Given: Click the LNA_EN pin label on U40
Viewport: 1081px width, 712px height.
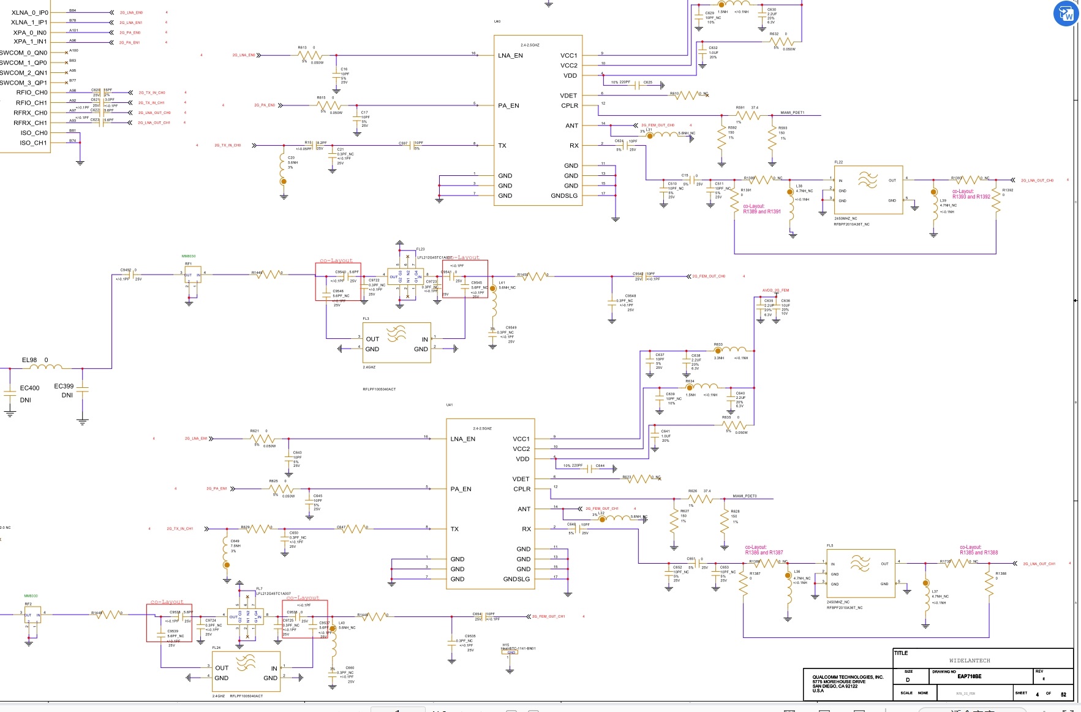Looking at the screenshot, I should [x=510, y=56].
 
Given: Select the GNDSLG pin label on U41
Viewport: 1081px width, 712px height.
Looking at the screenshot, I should [x=516, y=579].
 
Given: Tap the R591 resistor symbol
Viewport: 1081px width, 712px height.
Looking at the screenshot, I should [x=748, y=115].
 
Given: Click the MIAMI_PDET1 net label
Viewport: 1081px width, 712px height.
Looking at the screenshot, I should [x=792, y=113].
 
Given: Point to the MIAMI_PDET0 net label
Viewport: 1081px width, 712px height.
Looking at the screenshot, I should [x=744, y=496].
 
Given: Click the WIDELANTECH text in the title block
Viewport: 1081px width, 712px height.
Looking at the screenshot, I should [x=970, y=661].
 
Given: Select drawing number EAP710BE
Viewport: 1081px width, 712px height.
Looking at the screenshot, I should [x=969, y=676].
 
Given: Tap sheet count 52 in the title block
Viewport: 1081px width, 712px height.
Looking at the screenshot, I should [x=1063, y=694].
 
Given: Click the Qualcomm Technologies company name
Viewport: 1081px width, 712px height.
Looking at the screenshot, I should [x=848, y=677].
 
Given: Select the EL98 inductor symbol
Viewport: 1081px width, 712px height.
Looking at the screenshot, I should [x=46, y=367].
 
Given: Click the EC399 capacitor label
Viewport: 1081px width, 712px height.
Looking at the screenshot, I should [x=64, y=386].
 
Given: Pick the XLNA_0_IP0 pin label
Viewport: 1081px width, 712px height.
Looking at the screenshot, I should [x=29, y=13].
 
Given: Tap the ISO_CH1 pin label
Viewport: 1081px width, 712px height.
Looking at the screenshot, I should [x=33, y=143].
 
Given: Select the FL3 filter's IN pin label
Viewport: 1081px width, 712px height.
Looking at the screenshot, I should [x=424, y=339].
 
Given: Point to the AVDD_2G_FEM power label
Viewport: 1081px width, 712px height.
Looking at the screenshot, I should [x=775, y=290].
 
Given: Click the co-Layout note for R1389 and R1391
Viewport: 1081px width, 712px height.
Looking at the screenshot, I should [x=761, y=209].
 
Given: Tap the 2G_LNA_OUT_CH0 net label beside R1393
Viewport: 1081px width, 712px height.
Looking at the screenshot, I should [x=1037, y=181].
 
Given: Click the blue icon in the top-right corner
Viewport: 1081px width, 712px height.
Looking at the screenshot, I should [x=1066, y=13].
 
